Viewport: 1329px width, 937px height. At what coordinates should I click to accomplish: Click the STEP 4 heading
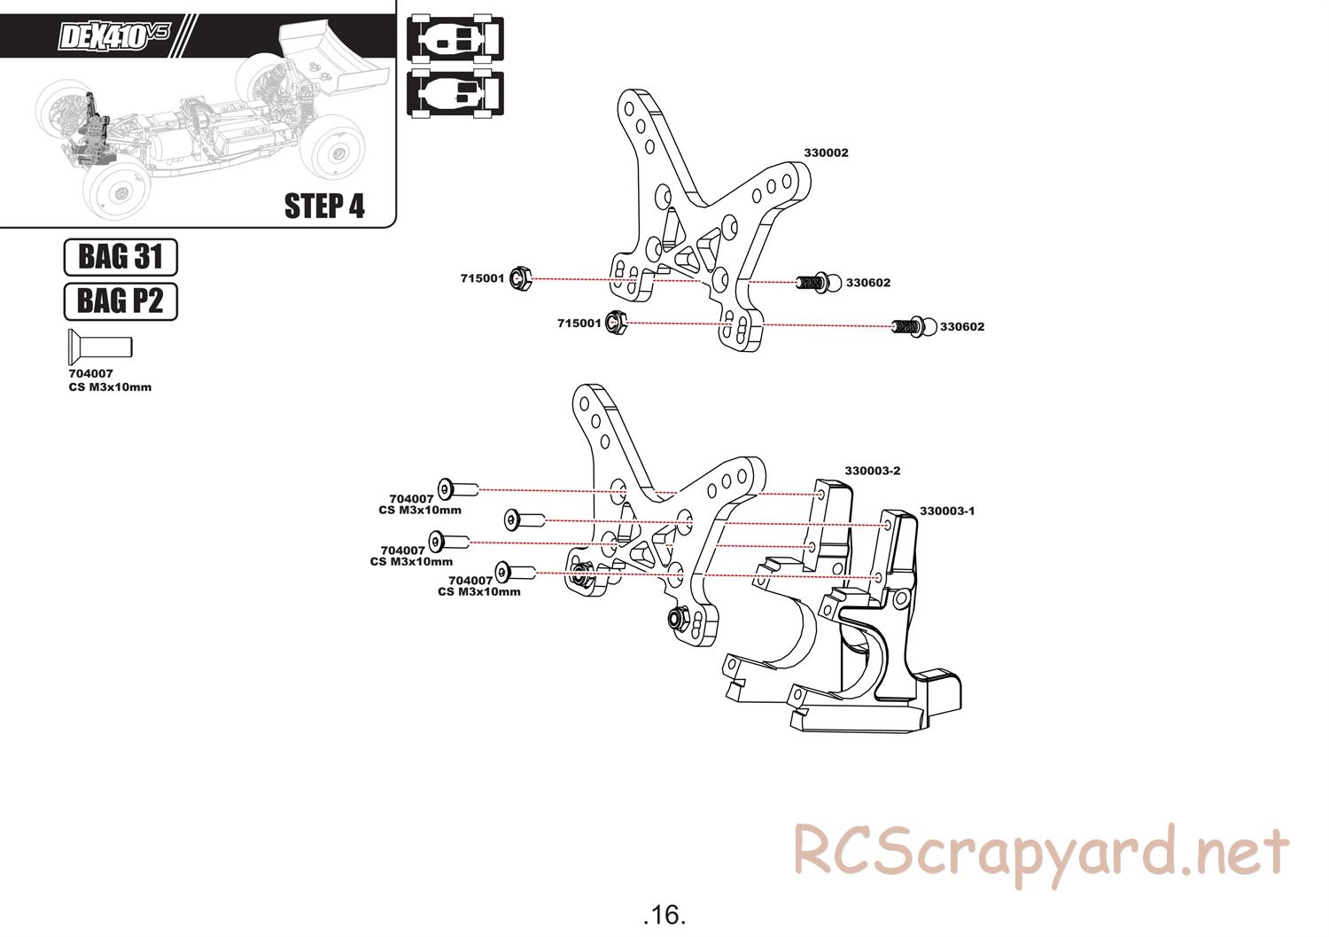[324, 206]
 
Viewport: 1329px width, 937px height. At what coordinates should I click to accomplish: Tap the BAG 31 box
[120, 257]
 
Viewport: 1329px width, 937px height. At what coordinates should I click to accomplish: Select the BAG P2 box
[120, 301]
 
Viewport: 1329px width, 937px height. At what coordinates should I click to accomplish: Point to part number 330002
[826, 152]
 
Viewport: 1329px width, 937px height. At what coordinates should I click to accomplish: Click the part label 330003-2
[872, 471]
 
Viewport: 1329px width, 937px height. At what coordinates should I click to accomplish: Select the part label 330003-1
[946, 511]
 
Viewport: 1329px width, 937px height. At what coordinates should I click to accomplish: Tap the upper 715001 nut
[521, 278]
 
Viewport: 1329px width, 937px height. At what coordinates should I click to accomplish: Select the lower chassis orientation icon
[455, 93]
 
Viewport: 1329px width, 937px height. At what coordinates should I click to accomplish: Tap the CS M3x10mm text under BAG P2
[110, 387]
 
